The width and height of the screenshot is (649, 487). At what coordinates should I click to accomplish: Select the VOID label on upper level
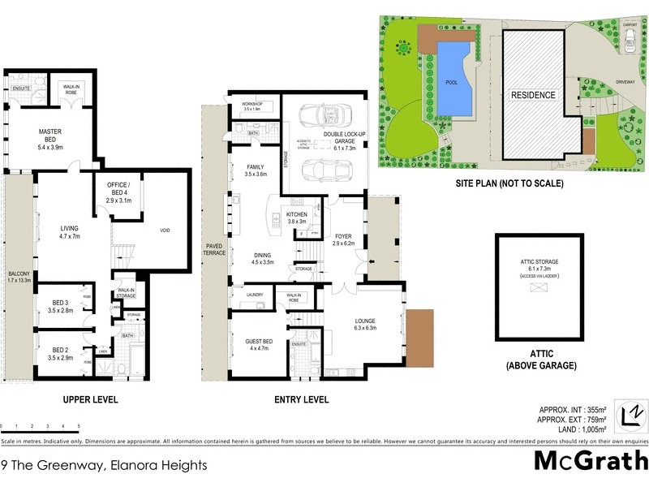point(165,230)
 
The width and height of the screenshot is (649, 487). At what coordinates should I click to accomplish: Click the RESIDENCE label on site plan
point(533,95)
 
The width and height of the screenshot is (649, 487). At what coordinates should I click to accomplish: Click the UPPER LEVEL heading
point(90,399)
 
